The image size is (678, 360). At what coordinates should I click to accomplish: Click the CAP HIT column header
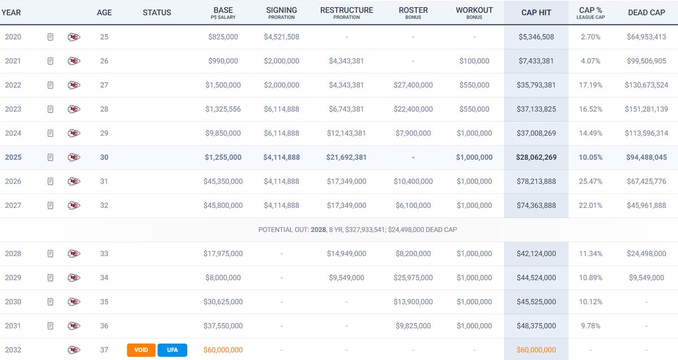536,12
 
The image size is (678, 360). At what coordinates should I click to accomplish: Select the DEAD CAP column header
646,12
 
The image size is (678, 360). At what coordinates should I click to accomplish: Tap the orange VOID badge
141,350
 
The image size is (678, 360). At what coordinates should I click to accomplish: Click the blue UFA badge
172,350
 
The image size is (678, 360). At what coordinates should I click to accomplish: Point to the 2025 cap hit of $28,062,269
536,157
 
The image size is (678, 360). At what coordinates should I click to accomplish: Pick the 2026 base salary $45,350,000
223,181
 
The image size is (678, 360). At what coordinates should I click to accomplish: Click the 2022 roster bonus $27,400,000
413,85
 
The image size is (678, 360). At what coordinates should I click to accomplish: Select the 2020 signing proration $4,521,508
281,37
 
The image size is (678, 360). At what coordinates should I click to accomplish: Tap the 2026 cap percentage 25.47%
591,181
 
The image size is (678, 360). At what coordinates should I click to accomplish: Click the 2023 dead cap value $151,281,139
646,109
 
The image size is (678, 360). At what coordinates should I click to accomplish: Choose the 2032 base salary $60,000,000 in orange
223,350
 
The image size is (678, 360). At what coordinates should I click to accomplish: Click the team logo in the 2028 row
73,254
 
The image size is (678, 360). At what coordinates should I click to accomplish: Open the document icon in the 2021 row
50,61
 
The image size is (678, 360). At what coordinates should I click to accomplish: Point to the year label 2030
13,302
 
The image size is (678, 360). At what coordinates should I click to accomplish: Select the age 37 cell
104,350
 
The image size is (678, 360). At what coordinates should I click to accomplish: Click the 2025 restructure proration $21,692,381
346,157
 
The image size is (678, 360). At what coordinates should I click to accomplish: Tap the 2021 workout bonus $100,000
474,61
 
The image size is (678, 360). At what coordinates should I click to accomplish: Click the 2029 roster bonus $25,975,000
413,277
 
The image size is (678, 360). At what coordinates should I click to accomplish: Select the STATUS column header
157,12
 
